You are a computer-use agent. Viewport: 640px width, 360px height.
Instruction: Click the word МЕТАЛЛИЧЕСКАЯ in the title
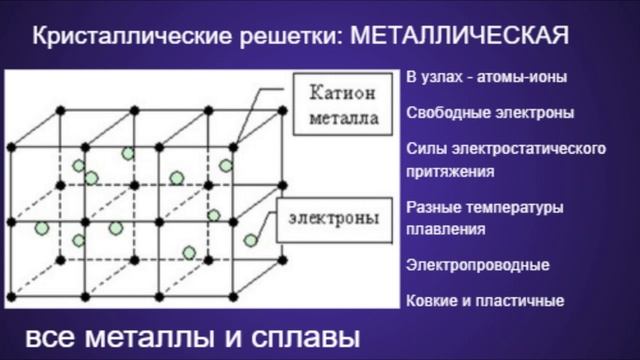pyautogui.click(x=460, y=36)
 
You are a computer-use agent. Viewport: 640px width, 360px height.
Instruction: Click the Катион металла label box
pyautogui.click(x=343, y=104)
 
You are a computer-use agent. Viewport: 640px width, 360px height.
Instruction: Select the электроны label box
pyautogui.click(x=334, y=220)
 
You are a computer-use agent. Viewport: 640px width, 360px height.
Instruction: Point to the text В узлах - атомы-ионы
pyautogui.click(x=487, y=77)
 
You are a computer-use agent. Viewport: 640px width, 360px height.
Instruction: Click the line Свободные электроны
pyautogui.click(x=490, y=113)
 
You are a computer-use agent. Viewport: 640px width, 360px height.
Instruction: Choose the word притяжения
pyautogui.click(x=450, y=171)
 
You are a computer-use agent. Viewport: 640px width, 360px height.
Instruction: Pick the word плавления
pyautogui.click(x=446, y=229)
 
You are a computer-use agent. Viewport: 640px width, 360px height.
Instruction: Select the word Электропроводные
pyautogui.click(x=478, y=265)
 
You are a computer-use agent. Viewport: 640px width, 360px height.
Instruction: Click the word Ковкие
pyautogui.click(x=432, y=301)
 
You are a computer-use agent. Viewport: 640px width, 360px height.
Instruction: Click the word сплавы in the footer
pyautogui.click(x=305, y=338)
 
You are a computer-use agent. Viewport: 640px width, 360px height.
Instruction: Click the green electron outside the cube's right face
pyautogui.click(x=251, y=240)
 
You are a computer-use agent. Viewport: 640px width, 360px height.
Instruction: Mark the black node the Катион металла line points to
pyautogui.click(x=233, y=147)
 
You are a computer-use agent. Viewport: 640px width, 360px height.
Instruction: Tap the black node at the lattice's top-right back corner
pyautogui.click(x=282, y=111)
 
